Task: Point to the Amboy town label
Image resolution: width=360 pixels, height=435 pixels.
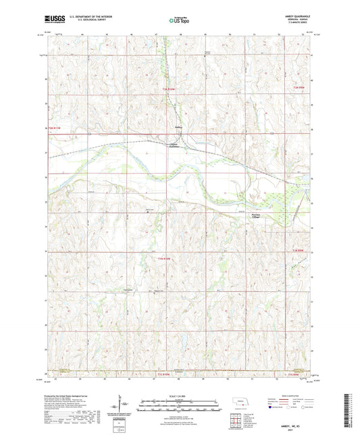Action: point(178,126)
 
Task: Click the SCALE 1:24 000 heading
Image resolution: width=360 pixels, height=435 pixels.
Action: point(180,396)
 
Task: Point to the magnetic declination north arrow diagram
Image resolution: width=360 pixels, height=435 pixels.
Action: point(122,408)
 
